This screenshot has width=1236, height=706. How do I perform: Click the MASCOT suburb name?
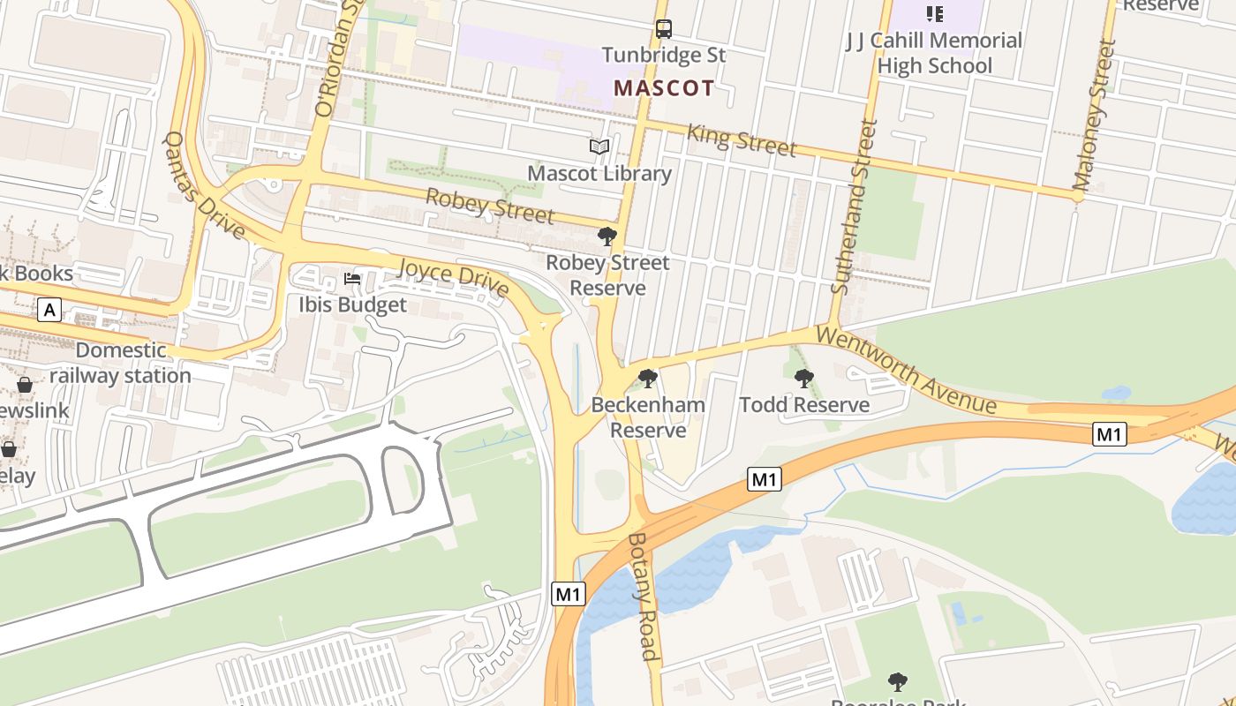point(664,88)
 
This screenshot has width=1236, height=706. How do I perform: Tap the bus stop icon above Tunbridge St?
point(664,29)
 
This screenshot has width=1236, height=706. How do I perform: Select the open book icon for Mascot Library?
point(599,147)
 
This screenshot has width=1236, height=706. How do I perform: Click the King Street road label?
point(742,139)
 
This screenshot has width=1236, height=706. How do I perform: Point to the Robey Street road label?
point(490,205)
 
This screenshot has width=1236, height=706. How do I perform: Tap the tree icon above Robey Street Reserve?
point(607,236)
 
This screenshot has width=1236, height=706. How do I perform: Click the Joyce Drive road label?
point(454,276)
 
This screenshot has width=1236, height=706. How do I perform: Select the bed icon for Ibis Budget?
point(352,279)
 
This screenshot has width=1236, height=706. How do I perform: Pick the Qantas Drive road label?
point(204,185)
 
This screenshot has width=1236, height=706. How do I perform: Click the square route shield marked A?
point(49,310)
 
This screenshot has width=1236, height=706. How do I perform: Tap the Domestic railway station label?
point(120,363)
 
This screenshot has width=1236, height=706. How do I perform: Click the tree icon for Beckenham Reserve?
point(648,379)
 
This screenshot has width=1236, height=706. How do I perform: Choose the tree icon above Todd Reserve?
point(803,379)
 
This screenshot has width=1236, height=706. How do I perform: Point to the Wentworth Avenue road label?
point(905,371)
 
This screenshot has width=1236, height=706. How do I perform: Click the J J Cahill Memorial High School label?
point(934,53)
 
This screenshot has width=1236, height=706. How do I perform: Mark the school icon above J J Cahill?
point(934,13)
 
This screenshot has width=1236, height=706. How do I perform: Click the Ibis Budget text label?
point(352,305)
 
